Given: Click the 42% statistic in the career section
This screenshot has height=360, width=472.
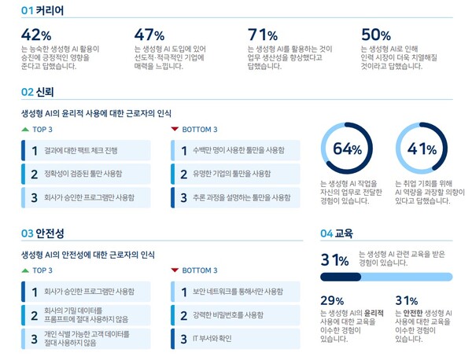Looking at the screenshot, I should point(36,35).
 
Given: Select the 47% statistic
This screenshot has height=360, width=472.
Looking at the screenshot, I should point(149,35).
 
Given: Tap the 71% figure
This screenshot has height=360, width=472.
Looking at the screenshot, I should point(263,35).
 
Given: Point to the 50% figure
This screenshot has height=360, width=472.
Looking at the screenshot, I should point(376,35).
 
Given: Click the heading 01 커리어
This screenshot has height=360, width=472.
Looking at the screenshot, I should point(42,11).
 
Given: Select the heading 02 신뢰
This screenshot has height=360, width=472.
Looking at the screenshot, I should point(37,93).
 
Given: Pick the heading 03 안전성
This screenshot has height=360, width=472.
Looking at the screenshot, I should point(42,233).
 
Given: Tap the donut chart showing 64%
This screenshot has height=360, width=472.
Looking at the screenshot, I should point(347,149).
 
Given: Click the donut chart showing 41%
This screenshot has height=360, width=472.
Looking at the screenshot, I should point(422,149).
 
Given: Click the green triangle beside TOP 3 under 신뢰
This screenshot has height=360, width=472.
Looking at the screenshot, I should point(25,129).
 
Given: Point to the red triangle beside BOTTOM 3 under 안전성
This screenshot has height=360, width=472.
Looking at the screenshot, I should point(174,270).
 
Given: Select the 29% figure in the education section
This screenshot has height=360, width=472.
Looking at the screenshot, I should point(333,301).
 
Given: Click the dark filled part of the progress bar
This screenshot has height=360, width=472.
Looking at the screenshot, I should point(340,277).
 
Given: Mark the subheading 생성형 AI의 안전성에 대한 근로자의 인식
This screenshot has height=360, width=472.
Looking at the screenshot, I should point(88,255).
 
